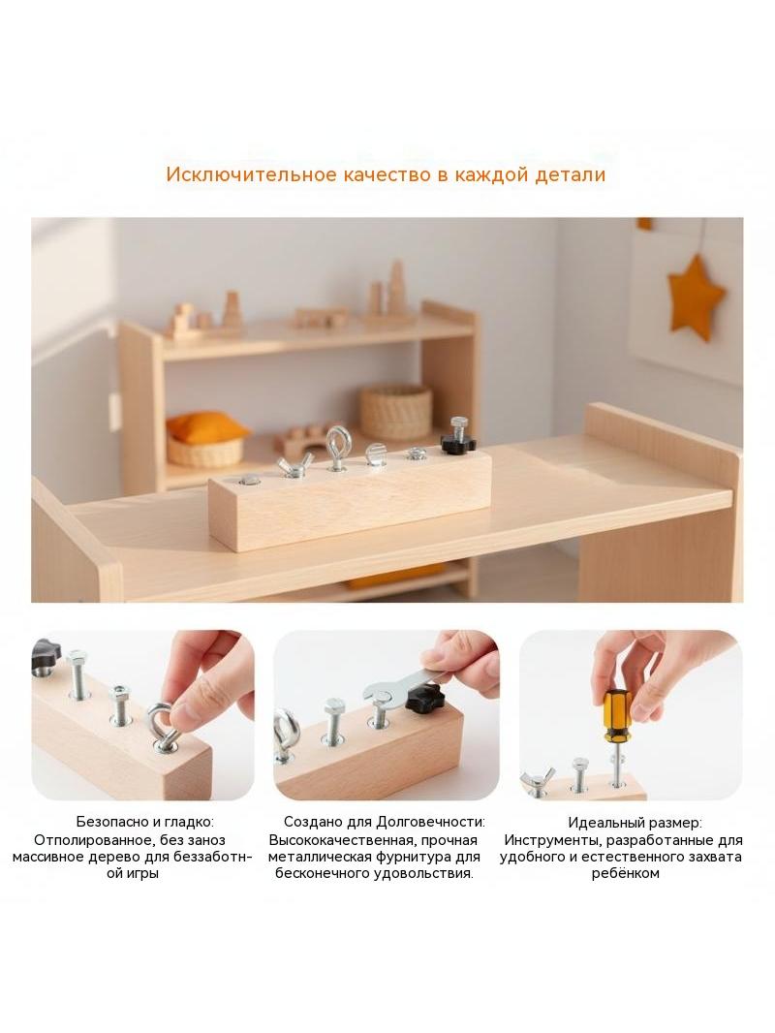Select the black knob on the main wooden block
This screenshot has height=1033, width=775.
[x=455, y=443]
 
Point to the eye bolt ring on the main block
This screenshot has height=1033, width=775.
[x=337, y=439]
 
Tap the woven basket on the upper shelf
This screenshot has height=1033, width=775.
[x=395, y=412]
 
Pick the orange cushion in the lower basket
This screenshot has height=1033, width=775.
[x=206, y=426]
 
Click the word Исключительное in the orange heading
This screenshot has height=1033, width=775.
[x=250, y=174]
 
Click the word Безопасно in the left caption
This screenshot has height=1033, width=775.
[x=110, y=822]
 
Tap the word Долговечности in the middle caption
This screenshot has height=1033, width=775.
[x=431, y=822]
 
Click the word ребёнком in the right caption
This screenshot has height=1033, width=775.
[x=626, y=873]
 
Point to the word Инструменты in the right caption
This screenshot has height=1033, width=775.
[x=553, y=840]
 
